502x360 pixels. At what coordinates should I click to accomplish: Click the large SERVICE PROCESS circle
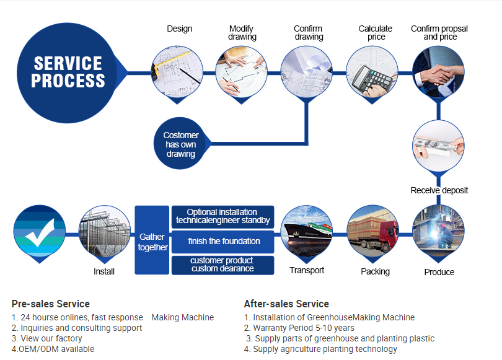tap(68, 72)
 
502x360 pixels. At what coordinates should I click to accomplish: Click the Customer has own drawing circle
tap(180, 144)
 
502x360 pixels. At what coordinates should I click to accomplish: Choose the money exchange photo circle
tap(438, 146)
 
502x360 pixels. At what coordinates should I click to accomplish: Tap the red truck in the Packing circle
tap(372, 232)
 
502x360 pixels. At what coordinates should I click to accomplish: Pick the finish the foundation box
tap(223, 240)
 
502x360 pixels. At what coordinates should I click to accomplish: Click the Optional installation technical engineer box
tap(223, 216)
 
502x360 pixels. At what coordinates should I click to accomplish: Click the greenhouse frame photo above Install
tap(104, 232)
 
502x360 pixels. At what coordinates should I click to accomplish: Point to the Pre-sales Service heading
tap(50, 304)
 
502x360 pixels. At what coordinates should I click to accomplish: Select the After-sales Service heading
tap(286, 304)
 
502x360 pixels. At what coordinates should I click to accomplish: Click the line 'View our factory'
tap(46, 338)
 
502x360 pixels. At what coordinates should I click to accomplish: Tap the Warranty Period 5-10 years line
tap(299, 328)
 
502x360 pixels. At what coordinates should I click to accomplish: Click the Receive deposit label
tap(439, 190)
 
